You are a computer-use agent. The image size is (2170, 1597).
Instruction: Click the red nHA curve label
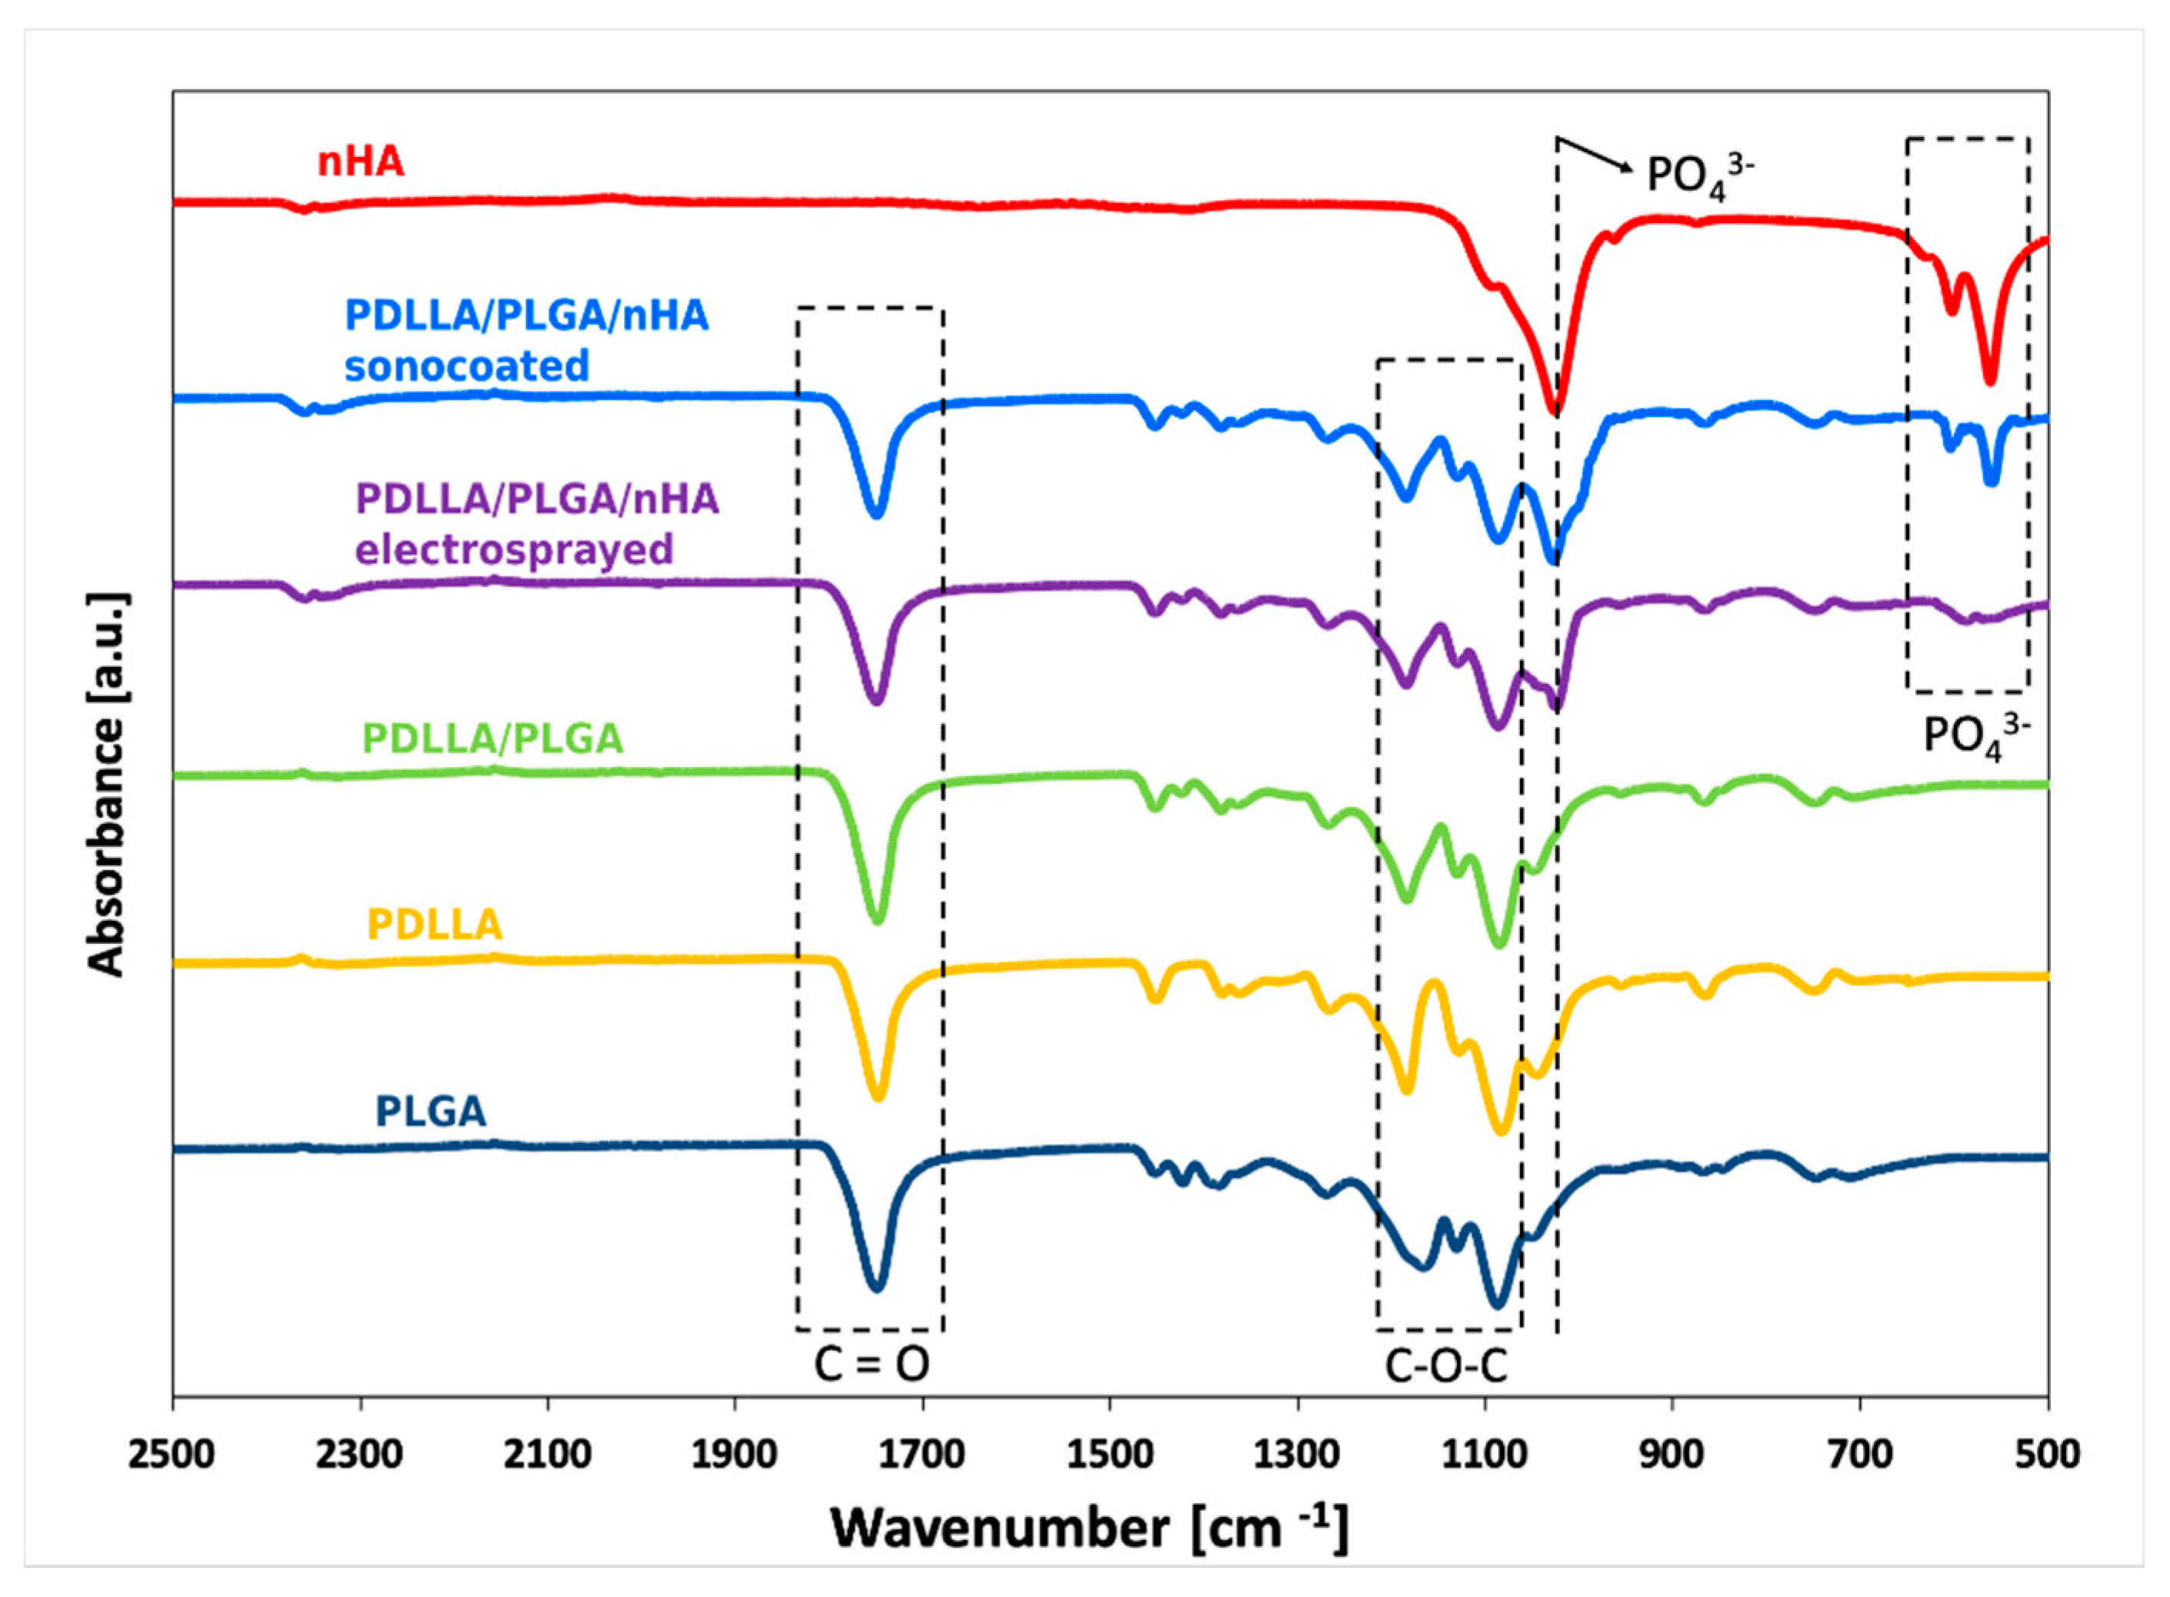361,161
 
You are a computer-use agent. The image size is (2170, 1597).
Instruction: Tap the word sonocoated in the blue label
467,366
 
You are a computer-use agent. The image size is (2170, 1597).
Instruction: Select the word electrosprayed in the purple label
514,550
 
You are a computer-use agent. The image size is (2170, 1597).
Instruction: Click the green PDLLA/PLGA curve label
493,738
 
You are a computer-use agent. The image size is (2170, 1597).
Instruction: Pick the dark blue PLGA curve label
430,1112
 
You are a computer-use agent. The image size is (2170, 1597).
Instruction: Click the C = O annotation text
871,1365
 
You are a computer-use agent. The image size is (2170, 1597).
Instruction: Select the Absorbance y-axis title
106,784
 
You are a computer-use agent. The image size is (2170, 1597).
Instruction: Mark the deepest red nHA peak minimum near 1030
1555,410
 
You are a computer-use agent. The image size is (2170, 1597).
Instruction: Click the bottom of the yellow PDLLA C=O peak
878,1097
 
